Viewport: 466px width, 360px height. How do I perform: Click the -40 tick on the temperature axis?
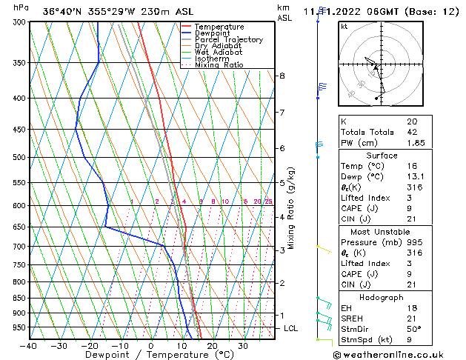pos(30,346)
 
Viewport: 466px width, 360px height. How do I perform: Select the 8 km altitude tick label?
pos(282,76)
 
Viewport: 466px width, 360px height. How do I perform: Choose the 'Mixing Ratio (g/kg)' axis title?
pos(291,208)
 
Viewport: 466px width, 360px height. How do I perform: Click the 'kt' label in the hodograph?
pos(344,26)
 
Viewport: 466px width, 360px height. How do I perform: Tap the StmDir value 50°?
pos(413,330)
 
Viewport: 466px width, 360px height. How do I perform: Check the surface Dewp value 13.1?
pos(416,177)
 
